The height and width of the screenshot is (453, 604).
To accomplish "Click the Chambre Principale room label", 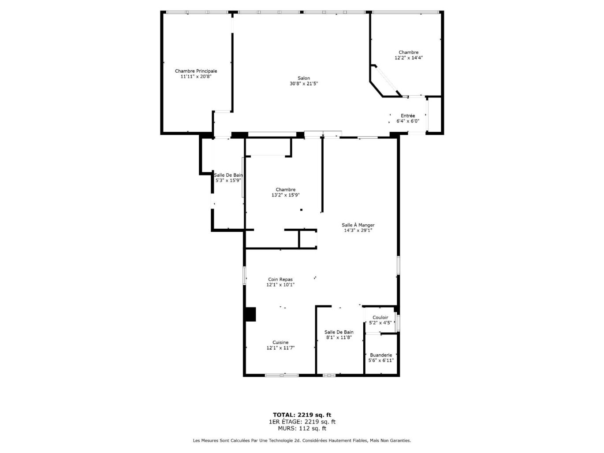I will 196,71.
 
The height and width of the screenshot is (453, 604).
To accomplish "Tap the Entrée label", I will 407,116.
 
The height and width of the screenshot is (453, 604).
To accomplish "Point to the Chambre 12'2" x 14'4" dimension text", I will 408,58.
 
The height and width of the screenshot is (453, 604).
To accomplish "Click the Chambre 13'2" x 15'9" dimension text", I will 285,195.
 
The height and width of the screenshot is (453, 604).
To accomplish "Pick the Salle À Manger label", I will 358,225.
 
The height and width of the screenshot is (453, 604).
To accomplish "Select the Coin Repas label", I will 280,279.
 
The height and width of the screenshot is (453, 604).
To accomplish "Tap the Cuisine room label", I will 280,342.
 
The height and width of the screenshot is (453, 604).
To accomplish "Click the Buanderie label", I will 380,355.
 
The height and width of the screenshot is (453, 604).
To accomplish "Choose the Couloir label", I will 380,317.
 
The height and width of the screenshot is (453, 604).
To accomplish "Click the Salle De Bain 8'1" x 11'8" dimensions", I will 339,338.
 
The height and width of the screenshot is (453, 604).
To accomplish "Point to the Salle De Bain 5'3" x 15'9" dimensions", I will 228,180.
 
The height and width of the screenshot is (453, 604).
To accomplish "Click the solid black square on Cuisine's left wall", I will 250,314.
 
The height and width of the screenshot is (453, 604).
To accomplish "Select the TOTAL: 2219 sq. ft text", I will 302,415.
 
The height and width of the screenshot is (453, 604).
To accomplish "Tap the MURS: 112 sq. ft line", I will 302,428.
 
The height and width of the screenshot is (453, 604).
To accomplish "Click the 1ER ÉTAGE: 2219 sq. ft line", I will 302,422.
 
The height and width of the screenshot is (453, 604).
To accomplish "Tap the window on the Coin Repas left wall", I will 244,275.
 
